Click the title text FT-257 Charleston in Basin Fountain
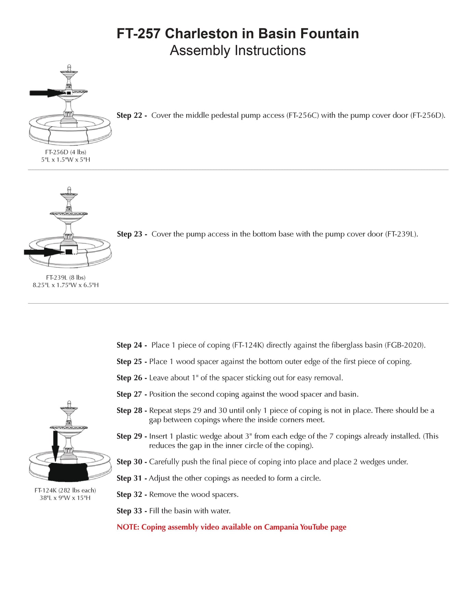(x=237, y=34)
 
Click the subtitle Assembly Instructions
(x=237, y=51)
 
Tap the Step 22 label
(x=131, y=115)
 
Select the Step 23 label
(x=132, y=234)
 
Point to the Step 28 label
(x=131, y=411)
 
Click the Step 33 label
(x=131, y=511)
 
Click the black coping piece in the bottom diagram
(x=68, y=472)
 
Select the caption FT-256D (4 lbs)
(x=65, y=152)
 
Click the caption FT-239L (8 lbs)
(x=66, y=278)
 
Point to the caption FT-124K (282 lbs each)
(x=65, y=490)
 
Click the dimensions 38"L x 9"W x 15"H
(x=65, y=498)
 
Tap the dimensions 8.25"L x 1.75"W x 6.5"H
(x=66, y=285)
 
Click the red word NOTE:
(x=128, y=527)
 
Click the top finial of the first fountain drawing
(x=69, y=67)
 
